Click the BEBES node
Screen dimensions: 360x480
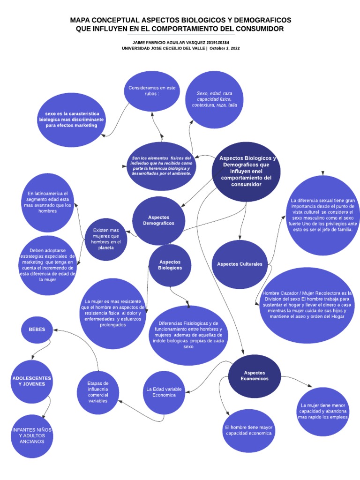pos(37,330)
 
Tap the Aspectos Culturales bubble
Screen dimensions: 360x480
pos(240,264)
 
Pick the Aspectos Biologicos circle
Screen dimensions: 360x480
pos(170,265)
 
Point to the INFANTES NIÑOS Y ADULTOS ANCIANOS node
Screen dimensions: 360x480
pos(32,435)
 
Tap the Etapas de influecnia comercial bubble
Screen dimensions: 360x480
pos(98,392)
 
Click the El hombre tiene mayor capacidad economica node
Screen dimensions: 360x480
pos(248,430)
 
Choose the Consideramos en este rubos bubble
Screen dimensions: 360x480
pos(151,91)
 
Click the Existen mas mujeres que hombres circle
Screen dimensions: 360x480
pos(106,240)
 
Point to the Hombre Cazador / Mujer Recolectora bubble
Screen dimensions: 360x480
pos(307,305)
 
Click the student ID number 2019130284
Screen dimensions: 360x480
pos(215,42)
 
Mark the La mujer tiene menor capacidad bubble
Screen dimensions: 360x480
pos(323,411)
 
